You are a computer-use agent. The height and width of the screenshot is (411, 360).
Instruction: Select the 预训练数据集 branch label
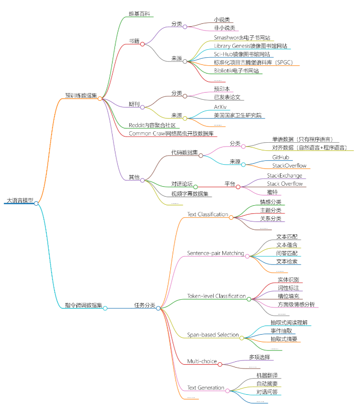click(x=81, y=95)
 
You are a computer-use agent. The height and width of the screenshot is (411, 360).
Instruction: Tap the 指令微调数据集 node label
click(x=83, y=306)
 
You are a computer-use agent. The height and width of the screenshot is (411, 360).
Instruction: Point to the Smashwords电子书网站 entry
click(x=243, y=37)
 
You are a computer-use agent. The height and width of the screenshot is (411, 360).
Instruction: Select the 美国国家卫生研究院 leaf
click(x=237, y=116)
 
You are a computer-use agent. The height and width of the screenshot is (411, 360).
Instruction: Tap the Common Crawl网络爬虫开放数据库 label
click(x=171, y=133)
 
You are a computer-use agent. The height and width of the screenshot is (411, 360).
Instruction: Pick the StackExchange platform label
click(x=284, y=175)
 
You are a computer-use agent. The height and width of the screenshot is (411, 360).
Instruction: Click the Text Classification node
click(x=207, y=214)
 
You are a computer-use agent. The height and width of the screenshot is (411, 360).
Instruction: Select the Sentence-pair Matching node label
click(x=216, y=253)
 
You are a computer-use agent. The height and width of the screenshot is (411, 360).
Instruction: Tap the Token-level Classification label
click(x=216, y=296)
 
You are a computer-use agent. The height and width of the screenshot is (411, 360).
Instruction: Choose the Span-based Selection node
click(x=213, y=335)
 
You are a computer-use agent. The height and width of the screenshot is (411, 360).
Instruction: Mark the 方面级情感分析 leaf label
click(x=296, y=305)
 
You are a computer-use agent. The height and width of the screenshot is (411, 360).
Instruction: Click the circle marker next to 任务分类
click(x=158, y=308)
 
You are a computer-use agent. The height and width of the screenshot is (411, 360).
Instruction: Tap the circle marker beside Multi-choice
click(x=220, y=364)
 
